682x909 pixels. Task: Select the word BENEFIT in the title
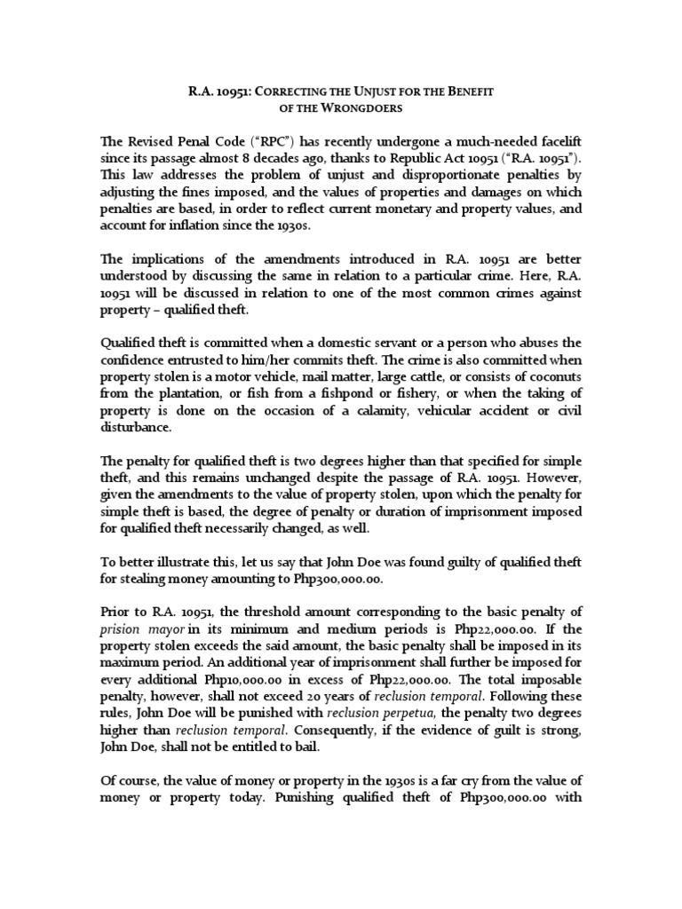point(462,91)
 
